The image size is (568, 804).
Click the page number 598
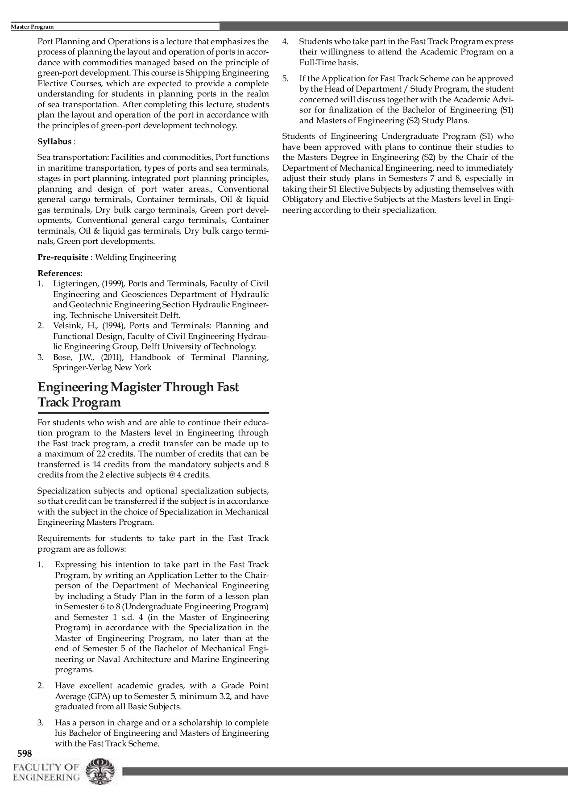click(x=24, y=754)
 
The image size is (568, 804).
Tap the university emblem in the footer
click(x=100, y=772)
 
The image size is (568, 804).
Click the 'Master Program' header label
click(x=32, y=27)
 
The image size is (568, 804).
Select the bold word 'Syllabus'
click(x=54, y=142)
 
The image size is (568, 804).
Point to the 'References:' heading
click(x=60, y=273)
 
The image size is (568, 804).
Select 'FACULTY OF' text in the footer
click(x=46, y=768)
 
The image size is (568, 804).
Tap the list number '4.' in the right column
click(x=286, y=42)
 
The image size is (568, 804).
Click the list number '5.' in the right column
click(x=286, y=79)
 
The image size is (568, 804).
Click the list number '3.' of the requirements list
click(x=40, y=723)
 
